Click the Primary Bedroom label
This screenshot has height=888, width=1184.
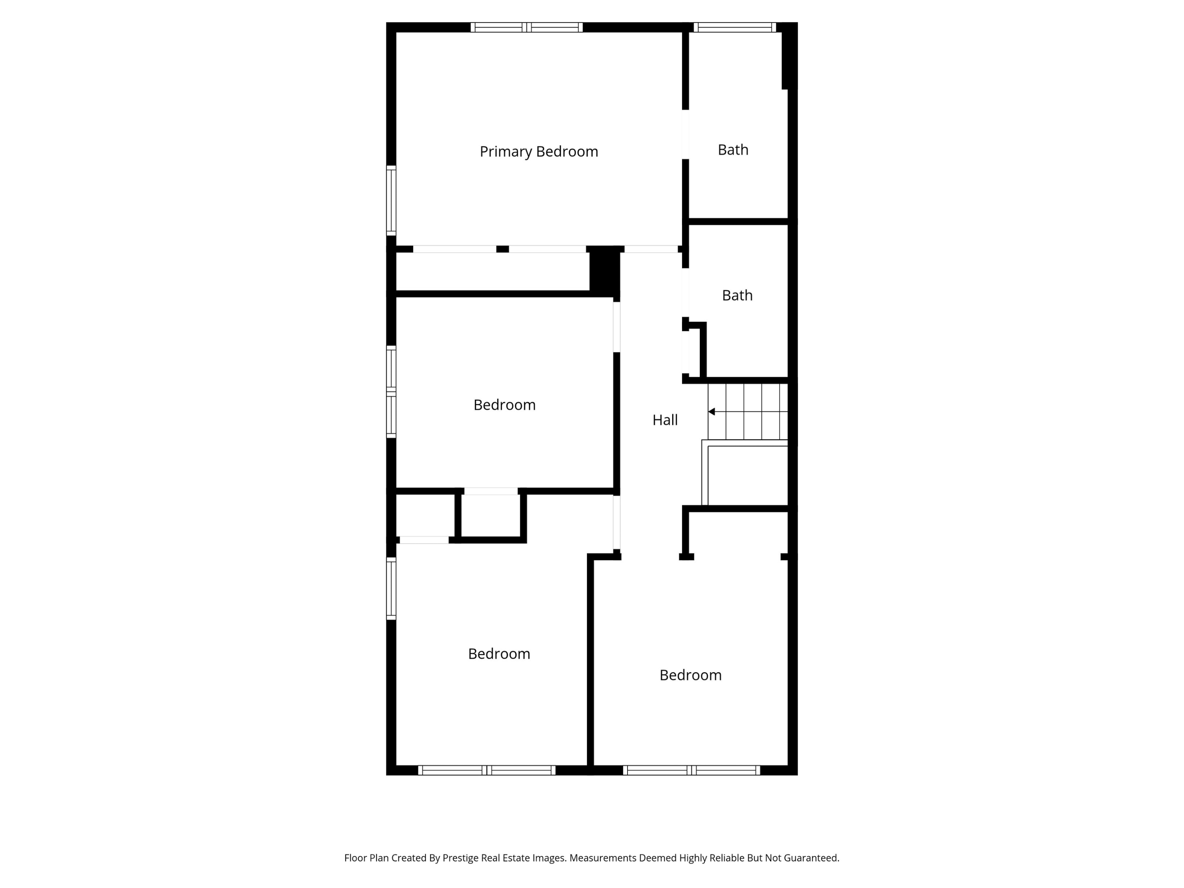coord(538,152)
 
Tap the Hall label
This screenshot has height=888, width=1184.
coord(665,420)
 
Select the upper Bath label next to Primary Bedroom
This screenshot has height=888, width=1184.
coord(733,150)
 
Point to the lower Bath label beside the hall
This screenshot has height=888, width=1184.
coord(737,296)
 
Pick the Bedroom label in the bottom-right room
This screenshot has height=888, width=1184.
coord(691,675)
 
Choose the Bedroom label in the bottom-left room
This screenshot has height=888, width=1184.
coord(499,654)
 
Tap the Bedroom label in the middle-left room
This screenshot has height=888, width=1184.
coord(504,405)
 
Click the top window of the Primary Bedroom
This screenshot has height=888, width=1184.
coord(527,27)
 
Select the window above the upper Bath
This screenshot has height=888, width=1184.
coord(734,27)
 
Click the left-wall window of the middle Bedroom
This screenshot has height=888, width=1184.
coord(391,392)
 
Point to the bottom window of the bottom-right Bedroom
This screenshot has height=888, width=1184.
coord(691,770)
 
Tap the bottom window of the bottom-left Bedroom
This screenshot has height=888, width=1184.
coord(487,770)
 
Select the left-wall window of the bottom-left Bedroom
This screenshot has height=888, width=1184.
coord(391,588)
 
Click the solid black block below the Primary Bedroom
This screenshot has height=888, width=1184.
coord(604,270)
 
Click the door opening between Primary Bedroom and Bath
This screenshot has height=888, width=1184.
coord(685,134)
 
